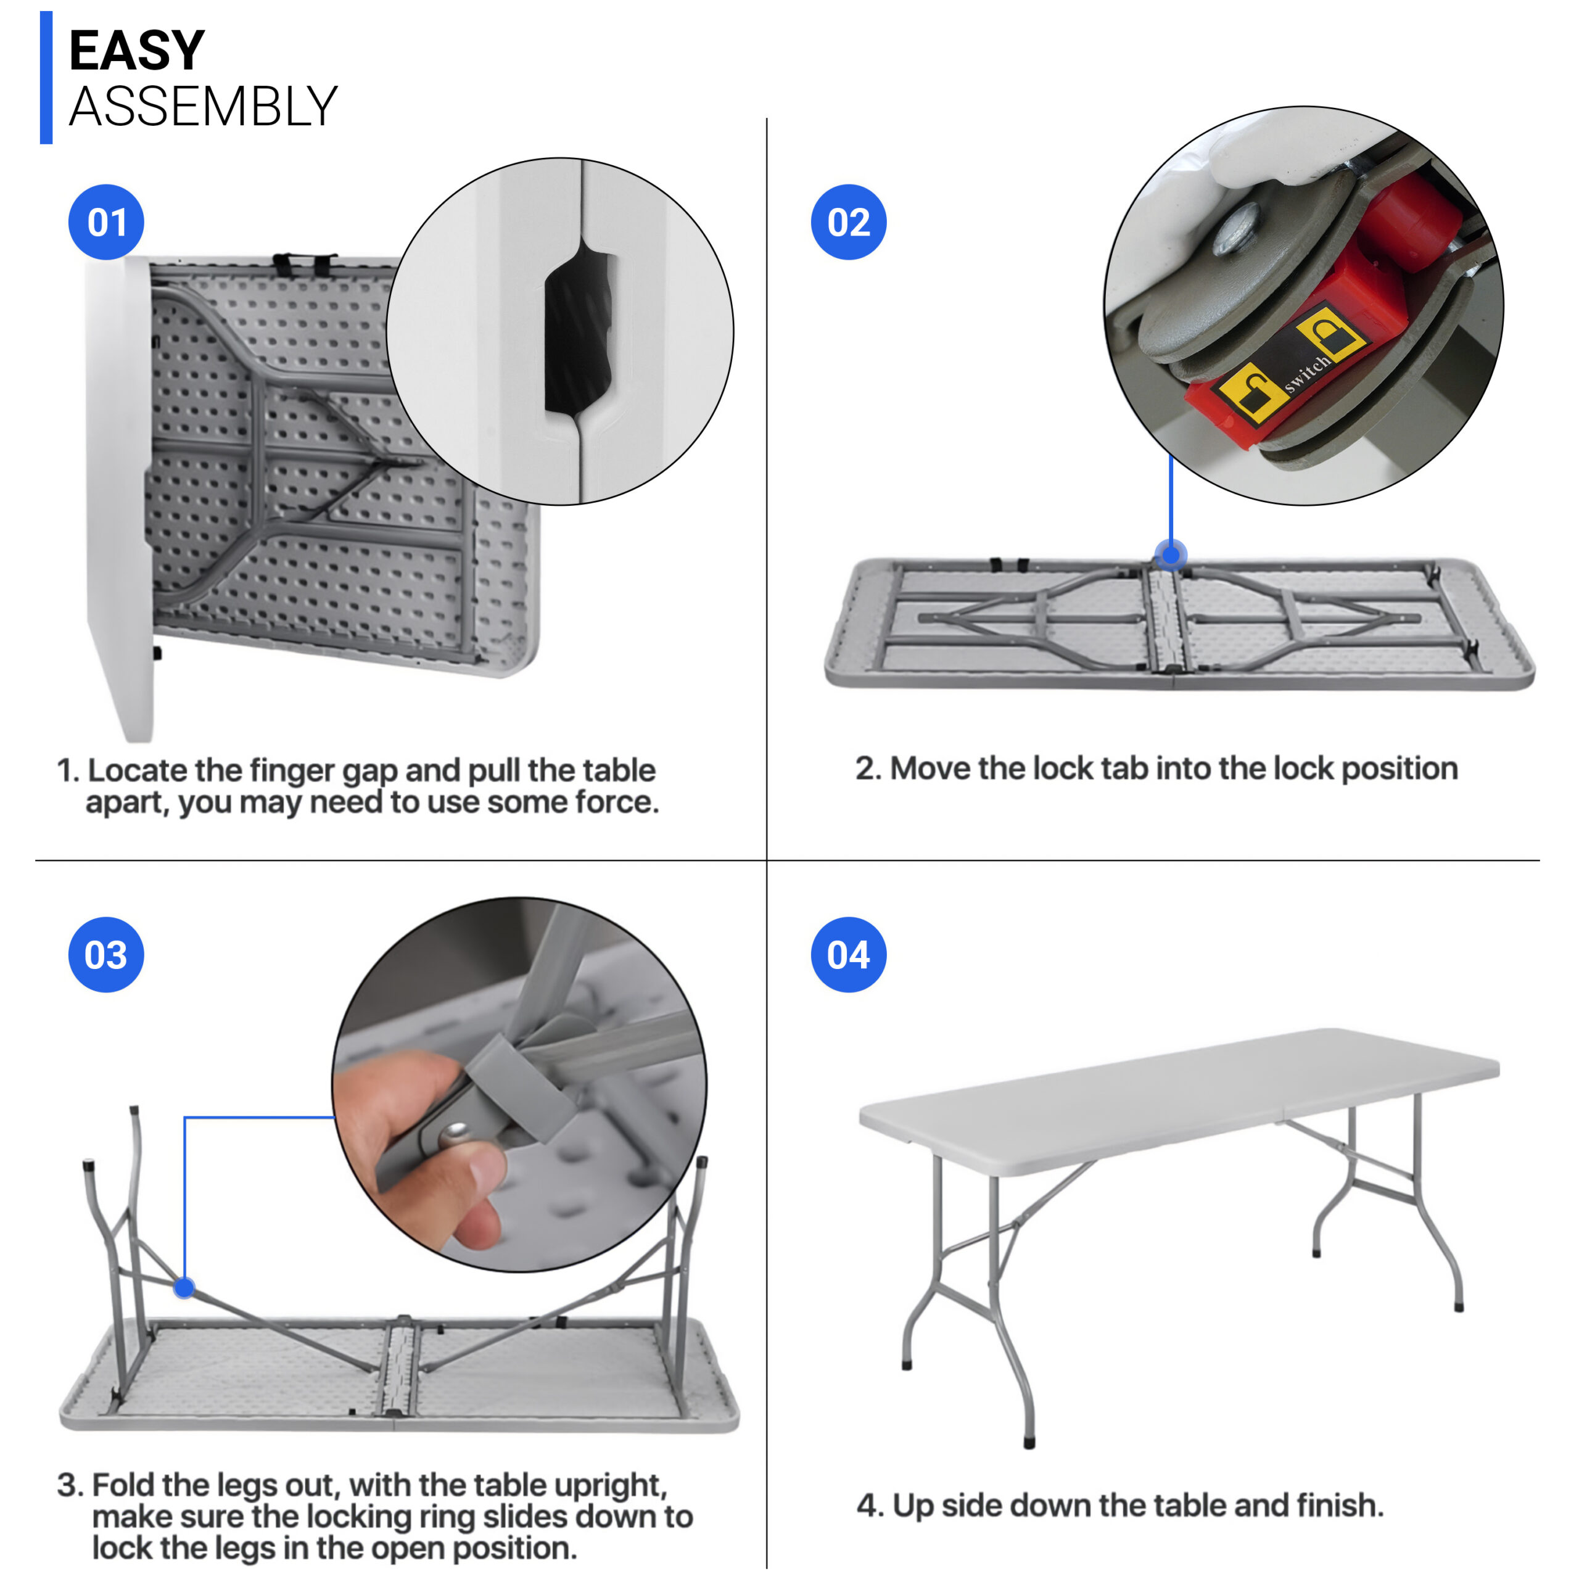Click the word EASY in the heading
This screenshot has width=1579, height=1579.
pyautogui.click(x=136, y=51)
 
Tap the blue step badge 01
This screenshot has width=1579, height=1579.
pyautogui.click(x=106, y=222)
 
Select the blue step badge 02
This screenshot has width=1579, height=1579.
pyautogui.click(x=848, y=222)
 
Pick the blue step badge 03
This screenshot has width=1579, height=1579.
pyautogui.click(x=106, y=955)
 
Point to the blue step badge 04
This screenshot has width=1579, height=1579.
pyautogui.click(x=848, y=955)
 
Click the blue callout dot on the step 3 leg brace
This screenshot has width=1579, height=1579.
pyautogui.click(x=184, y=1289)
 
